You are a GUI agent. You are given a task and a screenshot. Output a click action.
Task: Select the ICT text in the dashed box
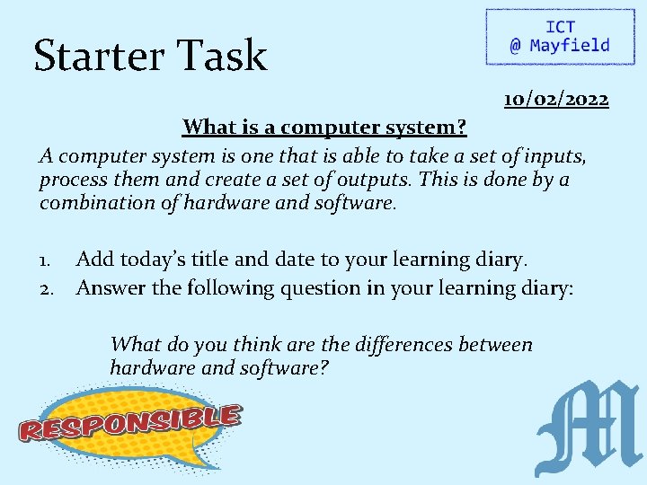559,28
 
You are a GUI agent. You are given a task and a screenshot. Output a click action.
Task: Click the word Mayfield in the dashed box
570,46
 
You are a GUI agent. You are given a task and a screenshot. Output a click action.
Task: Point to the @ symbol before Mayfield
515,46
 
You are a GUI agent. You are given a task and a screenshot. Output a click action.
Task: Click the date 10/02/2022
556,98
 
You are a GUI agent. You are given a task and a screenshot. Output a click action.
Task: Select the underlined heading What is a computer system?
324,127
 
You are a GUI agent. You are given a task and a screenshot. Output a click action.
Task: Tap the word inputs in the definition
554,156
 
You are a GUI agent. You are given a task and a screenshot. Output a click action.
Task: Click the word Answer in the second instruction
110,289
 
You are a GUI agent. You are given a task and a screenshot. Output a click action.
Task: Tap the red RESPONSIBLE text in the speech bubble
131,422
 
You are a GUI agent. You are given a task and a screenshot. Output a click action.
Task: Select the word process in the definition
72,180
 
